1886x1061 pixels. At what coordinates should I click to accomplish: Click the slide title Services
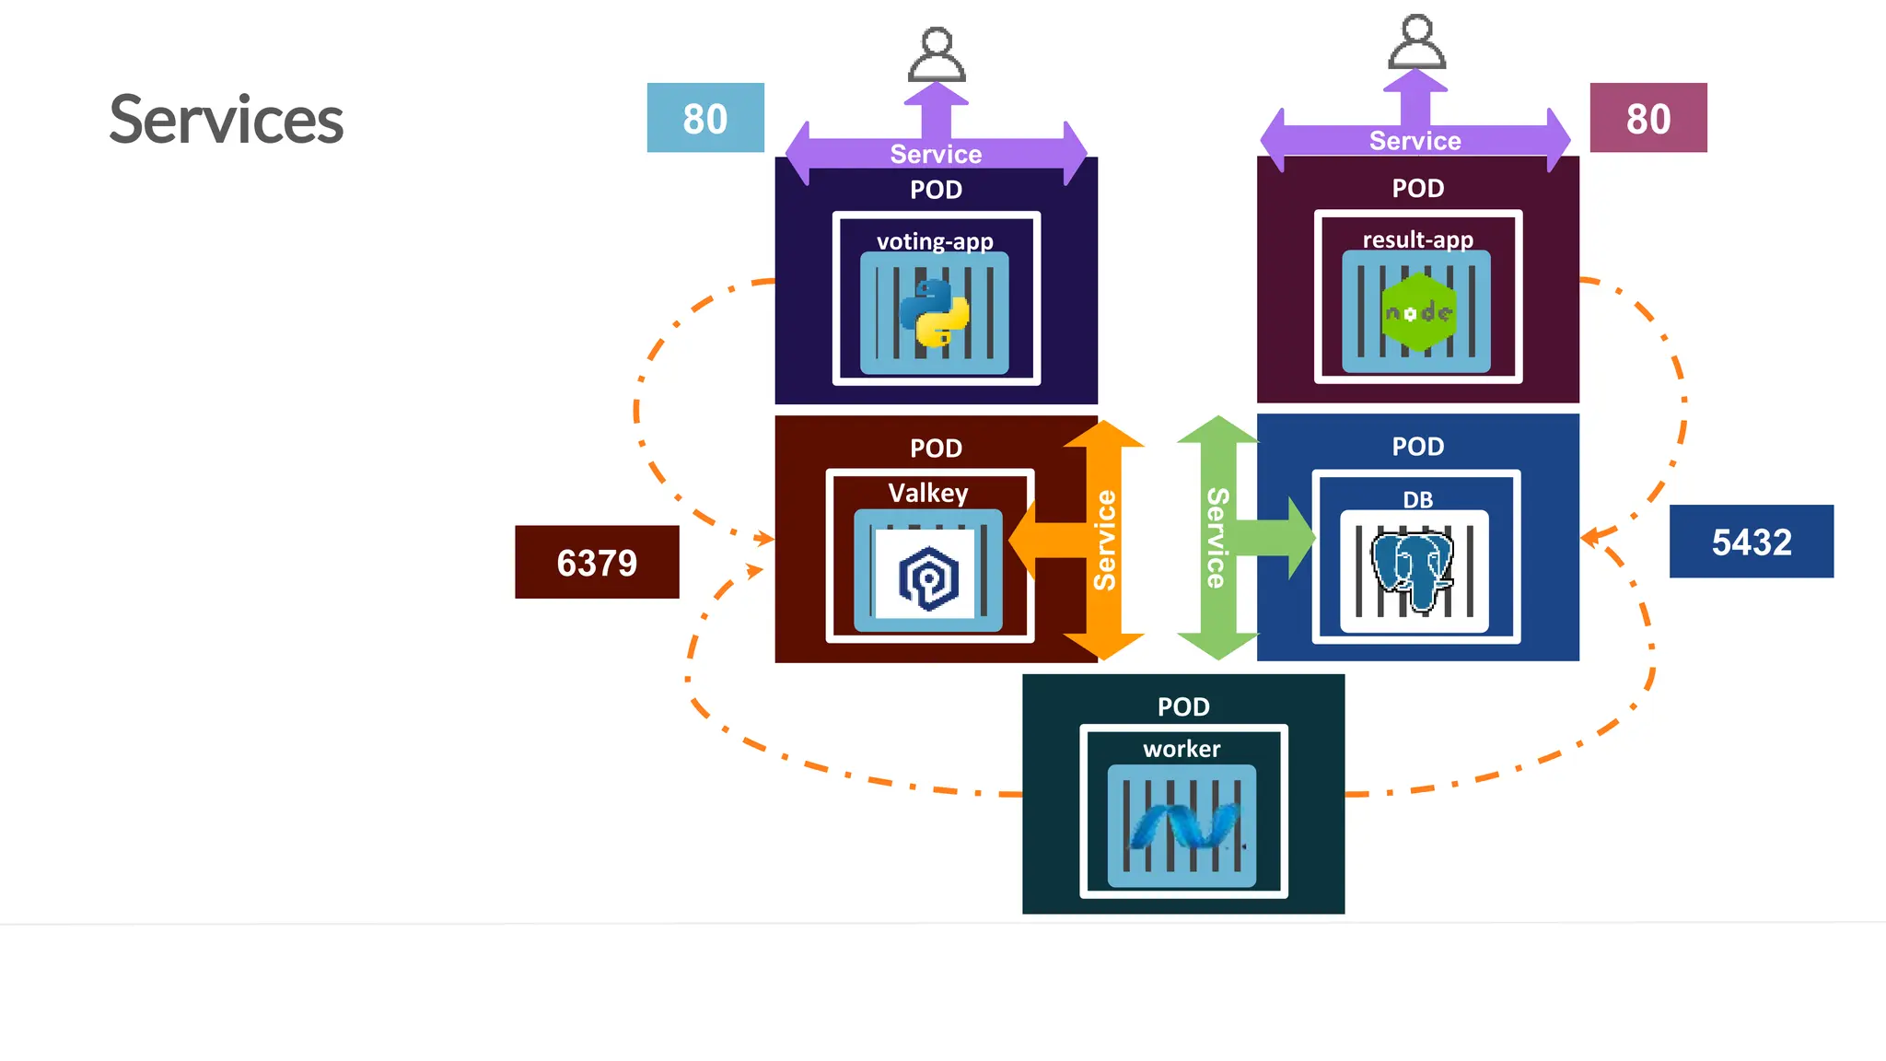[x=226, y=121]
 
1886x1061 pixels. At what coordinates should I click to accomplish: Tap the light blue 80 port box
[x=705, y=118]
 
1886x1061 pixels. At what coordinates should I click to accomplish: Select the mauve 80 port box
[x=1647, y=118]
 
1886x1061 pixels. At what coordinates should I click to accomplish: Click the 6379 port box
[x=597, y=562]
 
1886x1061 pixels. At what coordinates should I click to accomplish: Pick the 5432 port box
[x=1751, y=542]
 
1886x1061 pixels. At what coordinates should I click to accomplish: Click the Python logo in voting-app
[x=935, y=313]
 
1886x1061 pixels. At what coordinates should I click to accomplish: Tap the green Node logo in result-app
[x=1418, y=312]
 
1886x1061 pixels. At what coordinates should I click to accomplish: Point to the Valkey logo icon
[x=928, y=578]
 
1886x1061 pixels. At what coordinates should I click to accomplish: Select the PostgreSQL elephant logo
[x=1412, y=569]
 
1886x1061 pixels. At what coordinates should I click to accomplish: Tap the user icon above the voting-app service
[x=937, y=55]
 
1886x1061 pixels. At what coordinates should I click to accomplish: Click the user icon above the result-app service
[x=1416, y=42]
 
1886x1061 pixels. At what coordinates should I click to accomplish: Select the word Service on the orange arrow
[x=1104, y=540]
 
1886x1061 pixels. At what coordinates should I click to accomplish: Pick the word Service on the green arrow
[x=1217, y=538]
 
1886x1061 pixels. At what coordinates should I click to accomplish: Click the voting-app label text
[x=935, y=241]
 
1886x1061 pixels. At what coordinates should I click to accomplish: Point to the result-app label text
[x=1417, y=239]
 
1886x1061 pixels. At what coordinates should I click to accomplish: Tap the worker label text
[x=1182, y=749]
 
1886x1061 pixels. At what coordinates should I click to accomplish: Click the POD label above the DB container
[x=1417, y=447]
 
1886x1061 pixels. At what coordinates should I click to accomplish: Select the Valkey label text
[x=928, y=493]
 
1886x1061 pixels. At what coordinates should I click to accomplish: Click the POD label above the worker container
[x=1183, y=706]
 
